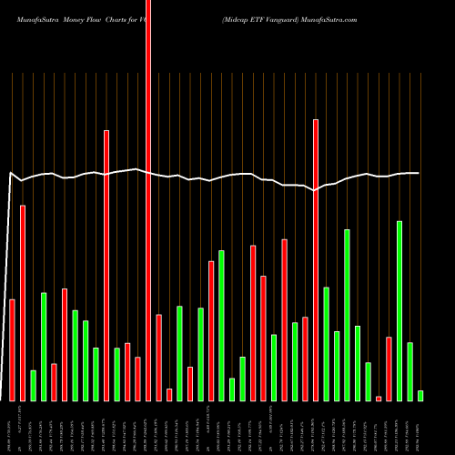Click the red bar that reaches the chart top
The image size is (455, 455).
(x=148, y=200)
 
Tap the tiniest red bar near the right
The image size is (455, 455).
(x=379, y=398)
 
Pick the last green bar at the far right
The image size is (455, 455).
(x=420, y=395)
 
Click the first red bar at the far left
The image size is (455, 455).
(x=13, y=349)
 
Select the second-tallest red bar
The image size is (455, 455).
(x=316, y=259)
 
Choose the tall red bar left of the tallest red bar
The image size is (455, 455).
(x=106, y=265)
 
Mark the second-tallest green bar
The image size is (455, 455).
(x=347, y=315)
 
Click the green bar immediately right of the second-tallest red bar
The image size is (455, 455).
(x=326, y=343)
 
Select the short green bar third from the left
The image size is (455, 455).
(x=34, y=385)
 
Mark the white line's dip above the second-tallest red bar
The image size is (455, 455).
(x=315, y=190)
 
